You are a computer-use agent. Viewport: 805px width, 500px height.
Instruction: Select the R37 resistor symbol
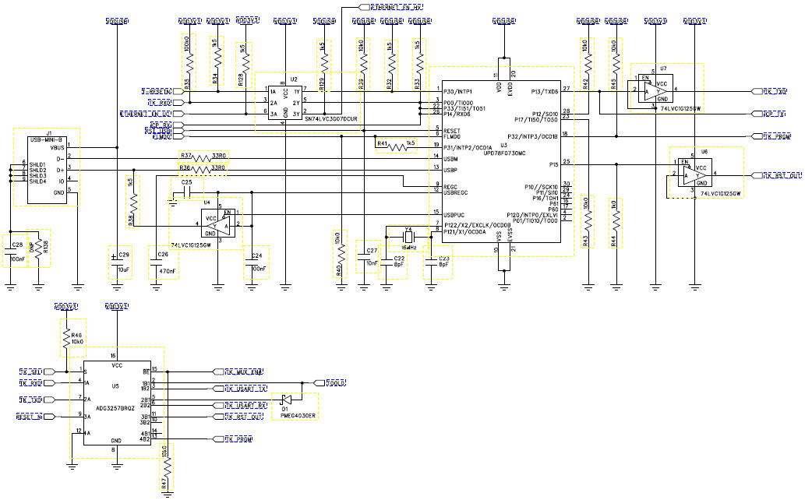click(203, 159)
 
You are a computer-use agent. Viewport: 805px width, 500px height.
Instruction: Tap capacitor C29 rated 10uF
click(117, 256)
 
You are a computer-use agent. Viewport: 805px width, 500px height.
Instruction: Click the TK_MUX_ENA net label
click(243, 371)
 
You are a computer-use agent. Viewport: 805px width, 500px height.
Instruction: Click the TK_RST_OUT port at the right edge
click(781, 176)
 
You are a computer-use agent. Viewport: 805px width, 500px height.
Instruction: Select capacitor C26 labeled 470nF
click(163, 256)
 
